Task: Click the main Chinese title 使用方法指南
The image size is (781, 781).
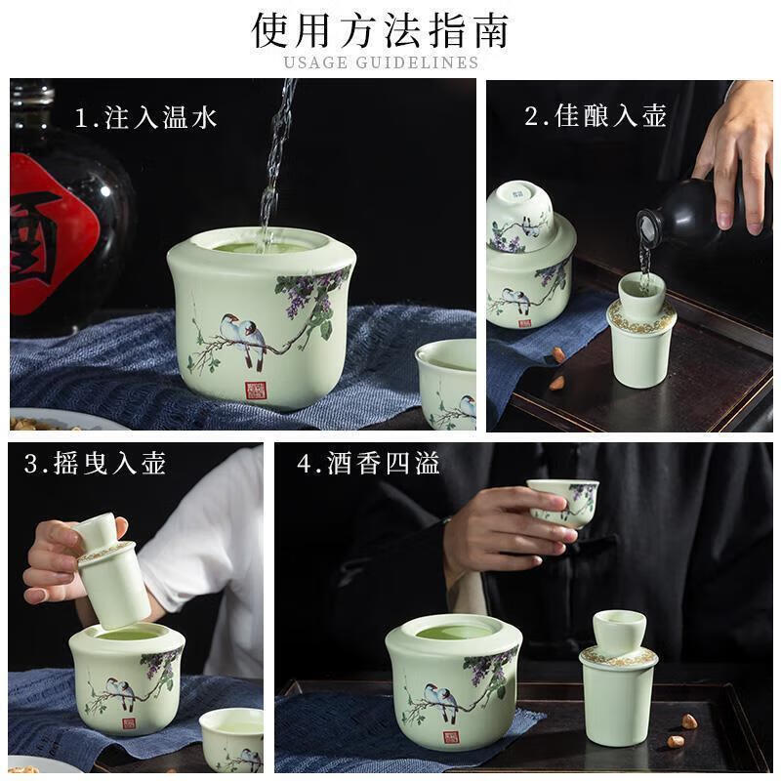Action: pyautogui.click(x=381, y=29)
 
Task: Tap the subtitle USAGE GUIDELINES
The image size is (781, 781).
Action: pyautogui.click(x=381, y=62)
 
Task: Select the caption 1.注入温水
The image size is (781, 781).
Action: pyautogui.click(x=146, y=118)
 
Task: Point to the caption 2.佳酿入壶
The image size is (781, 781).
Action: pyautogui.click(x=596, y=116)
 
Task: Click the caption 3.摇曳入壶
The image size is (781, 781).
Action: pyautogui.click(x=95, y=464)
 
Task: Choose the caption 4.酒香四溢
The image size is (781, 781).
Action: pyautogui.click(x=368, y=464)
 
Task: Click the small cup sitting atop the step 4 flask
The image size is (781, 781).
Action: pyautogui.click(x=618, y=632)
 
